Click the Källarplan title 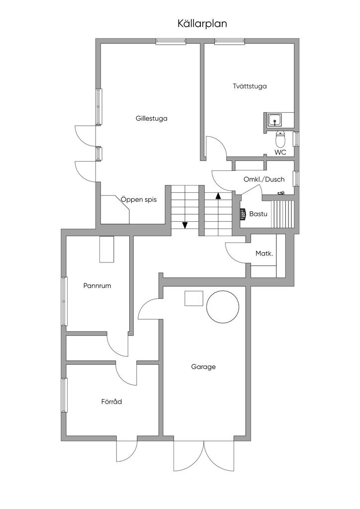pos(202,23)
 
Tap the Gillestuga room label pos(151,119)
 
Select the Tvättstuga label pos(250,86)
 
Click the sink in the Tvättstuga pos(274,120)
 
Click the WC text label pos(280,153)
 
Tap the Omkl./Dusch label pos(264,179)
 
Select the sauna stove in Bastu pos(243,214)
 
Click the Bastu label pos(259,214)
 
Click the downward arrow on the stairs pos(185,225)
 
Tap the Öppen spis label pos(139,200)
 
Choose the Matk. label pos(264,254)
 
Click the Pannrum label pos(97,286)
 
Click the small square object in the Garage pos(194,298)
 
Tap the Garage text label pos(203,367)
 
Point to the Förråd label pos(111,402)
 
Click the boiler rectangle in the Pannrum pos(106,249)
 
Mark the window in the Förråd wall pos(64,395)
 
